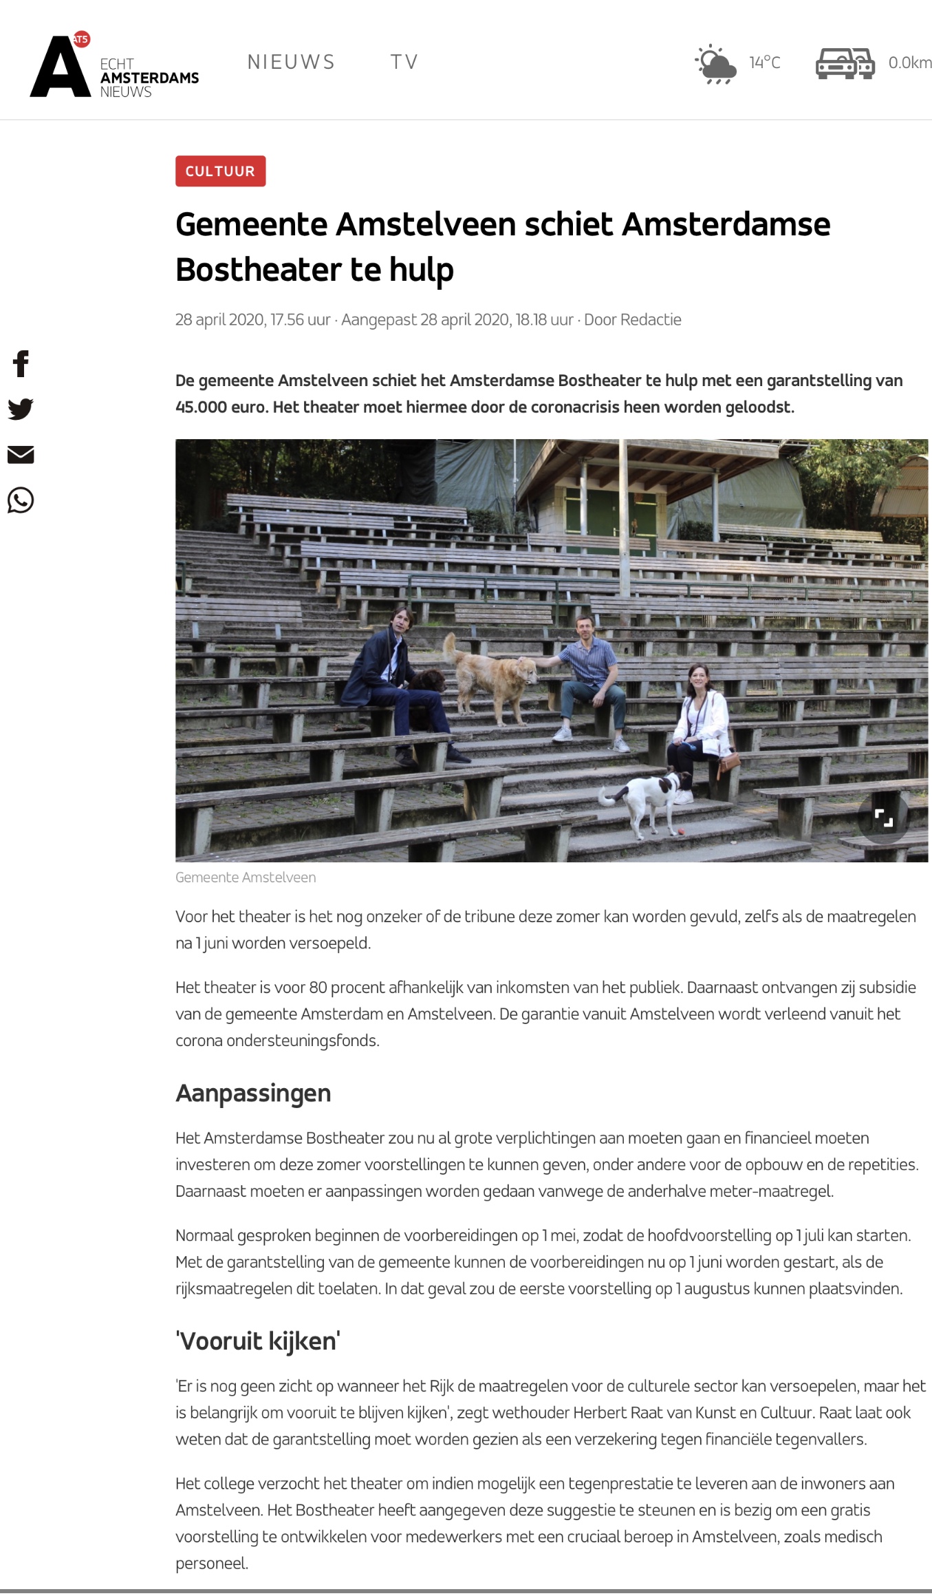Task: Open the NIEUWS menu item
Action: coord(291,62)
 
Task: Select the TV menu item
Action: coord(404,62)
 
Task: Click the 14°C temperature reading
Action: coord(765,63)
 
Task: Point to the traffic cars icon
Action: coord(845,63)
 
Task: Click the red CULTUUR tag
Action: coord(220,171)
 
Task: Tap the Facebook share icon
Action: coord(21,363)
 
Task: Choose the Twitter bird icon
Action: coord(21,409)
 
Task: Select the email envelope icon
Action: coord(21,454)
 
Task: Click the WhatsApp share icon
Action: coord(21,500)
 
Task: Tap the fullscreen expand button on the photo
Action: coord(883,818)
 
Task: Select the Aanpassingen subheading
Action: coord(253,1093)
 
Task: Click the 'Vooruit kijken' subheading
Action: coord(258,1341)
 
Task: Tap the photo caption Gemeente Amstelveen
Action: coord(246,877)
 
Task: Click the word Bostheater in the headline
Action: coord(259,269)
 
